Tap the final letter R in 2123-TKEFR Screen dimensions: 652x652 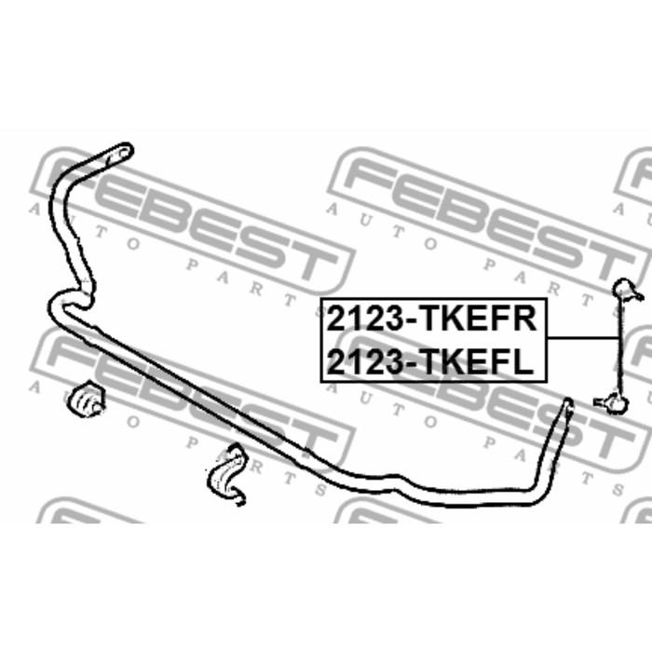(523, 319)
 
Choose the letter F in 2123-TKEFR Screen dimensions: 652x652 (500, 319)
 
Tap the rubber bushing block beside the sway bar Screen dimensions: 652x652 (88, 398)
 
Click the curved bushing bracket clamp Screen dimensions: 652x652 (226, 474)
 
